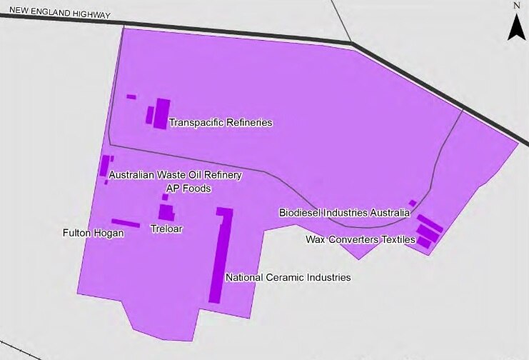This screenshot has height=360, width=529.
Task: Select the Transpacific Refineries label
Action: coord(221,123)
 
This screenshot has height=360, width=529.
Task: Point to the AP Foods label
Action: coord(188,189)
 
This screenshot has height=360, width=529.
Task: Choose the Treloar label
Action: coord(163,229)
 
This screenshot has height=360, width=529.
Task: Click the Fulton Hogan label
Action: coord(94,233)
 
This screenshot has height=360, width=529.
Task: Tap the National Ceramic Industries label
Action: coord(288,277)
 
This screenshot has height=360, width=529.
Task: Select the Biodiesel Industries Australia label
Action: coord(344,212)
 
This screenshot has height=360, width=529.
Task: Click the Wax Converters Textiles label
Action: coord(361,239)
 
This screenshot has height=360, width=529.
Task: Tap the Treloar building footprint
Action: coord(166,213)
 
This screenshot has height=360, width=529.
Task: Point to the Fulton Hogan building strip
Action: coord(126,223)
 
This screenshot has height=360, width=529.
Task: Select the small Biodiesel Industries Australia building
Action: coord(413,203)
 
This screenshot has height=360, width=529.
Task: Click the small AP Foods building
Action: coord(165,197)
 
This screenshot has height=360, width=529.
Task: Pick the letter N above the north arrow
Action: coord(516,6)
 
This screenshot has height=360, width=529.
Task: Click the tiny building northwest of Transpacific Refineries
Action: coord(131,96)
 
